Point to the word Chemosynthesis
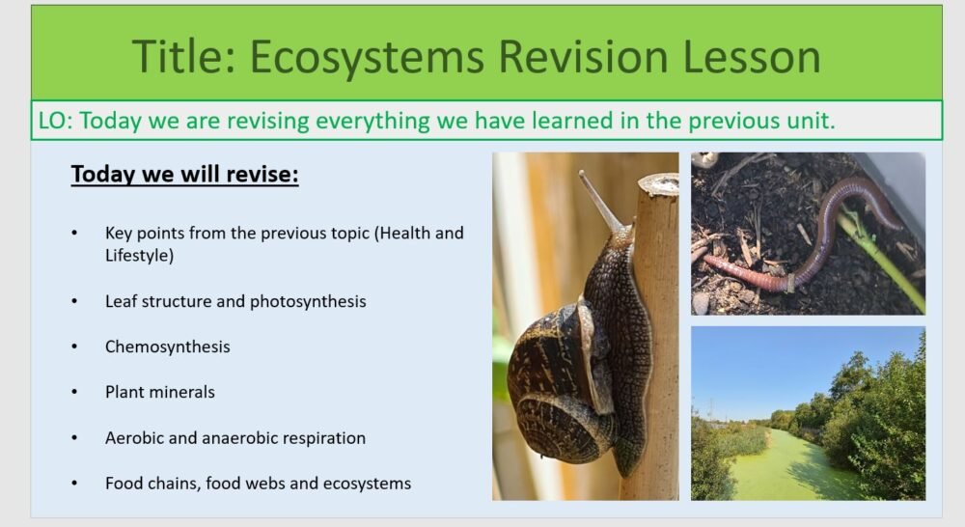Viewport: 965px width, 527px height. [167, 347]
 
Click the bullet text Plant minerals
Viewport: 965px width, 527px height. [159, 392]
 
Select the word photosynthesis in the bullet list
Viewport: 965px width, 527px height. [308, 301]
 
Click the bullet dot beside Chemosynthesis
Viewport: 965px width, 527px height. [74, 347]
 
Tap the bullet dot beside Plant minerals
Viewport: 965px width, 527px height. [74, 392]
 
